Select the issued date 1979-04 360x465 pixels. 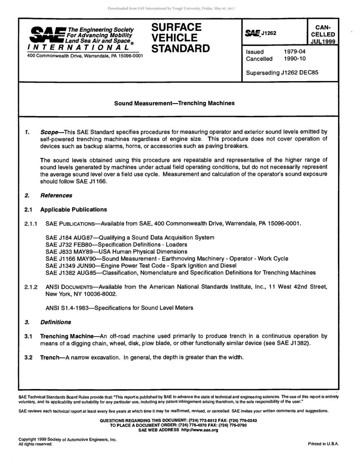294,52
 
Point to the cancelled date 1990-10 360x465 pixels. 294,59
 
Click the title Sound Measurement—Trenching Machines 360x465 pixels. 174,103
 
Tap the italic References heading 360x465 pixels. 56,195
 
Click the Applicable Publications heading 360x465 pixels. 74,209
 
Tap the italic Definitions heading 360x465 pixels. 56,322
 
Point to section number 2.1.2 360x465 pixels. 31,287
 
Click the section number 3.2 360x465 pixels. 28,357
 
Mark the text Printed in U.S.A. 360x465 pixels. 323,444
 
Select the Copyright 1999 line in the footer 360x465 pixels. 67,440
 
